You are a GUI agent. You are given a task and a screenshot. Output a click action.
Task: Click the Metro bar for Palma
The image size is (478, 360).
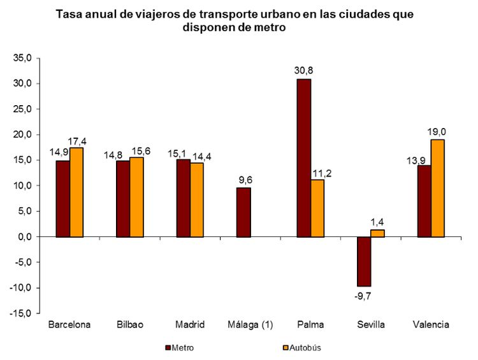[x=304, y=157]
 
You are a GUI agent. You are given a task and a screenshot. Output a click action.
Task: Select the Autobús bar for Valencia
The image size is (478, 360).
[x=437, y=188]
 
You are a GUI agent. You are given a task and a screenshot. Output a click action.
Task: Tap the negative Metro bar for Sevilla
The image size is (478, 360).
[x=364, y=261]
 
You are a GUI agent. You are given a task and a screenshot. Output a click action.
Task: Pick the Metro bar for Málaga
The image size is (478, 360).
[x=244, y=212]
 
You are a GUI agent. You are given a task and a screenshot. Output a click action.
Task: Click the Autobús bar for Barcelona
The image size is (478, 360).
[x=76, y=192]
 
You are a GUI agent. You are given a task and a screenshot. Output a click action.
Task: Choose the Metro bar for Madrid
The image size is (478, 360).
[x=184, y=198]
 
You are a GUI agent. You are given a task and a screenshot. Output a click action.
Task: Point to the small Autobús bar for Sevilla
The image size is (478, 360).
[x=378, y=233]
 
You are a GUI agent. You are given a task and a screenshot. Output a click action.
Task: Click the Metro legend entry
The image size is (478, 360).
[x=180, y=347]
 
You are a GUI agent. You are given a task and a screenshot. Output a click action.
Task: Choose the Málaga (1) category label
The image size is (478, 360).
[x=250, y=325]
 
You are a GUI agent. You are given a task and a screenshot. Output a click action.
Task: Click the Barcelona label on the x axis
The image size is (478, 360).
[x=69, y=325]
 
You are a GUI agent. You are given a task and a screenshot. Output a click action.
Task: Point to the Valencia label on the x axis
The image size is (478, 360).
[x=431, y=325]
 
